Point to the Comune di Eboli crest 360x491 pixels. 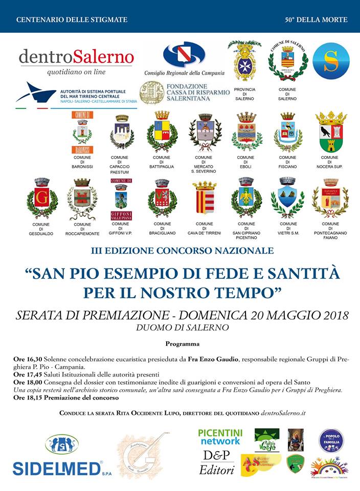(x=246, y=131)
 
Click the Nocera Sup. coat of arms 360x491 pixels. (x=331, y=132)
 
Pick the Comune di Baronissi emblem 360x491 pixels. (x=82, y=132)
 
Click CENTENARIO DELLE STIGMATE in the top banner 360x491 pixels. (x=72, y=20)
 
